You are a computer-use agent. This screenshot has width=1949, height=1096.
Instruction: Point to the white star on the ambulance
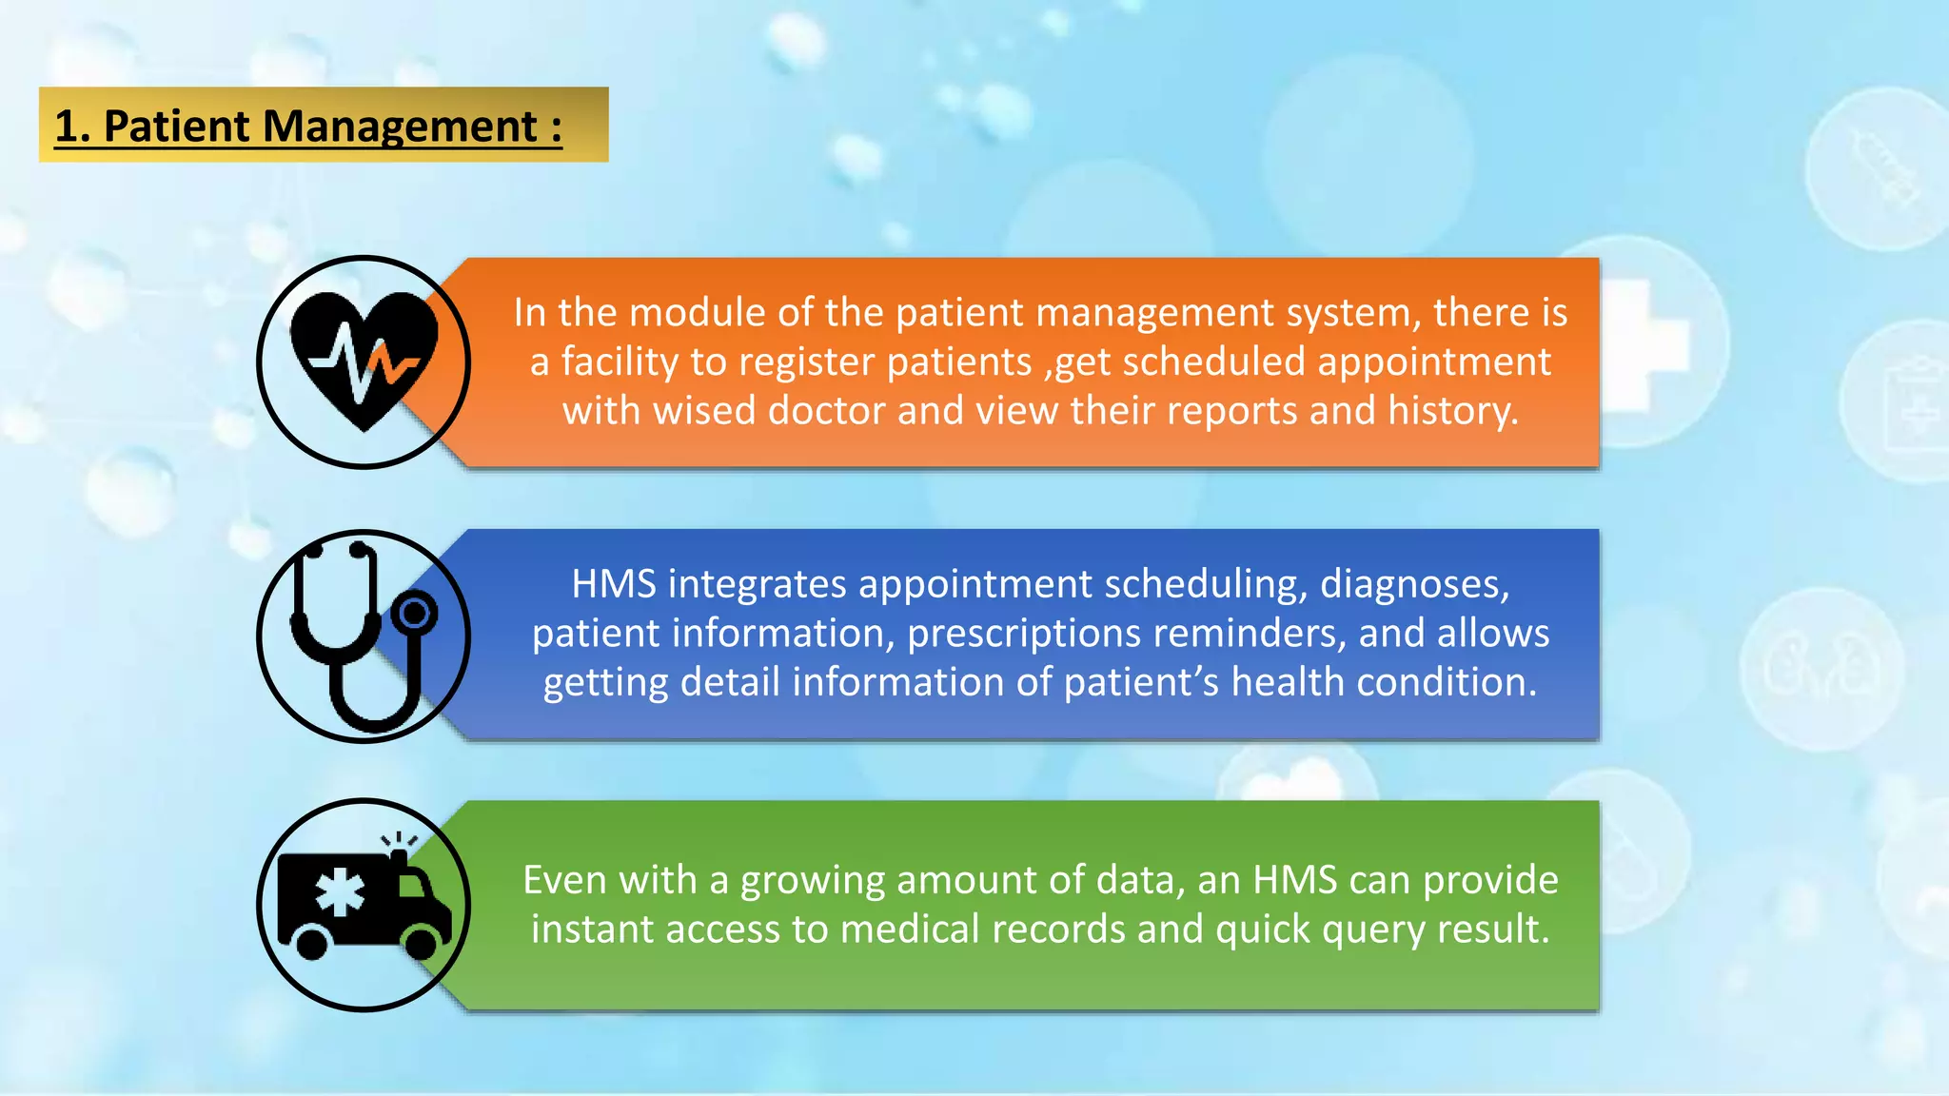coord(340,894)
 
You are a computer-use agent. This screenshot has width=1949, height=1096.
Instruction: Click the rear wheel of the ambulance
coord(311,944)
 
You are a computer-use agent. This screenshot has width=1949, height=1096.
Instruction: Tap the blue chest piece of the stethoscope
coord(415,614)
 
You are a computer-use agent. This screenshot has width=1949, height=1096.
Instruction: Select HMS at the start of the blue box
coord(613,584)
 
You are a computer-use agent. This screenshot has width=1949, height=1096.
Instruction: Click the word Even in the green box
coord(561,880)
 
